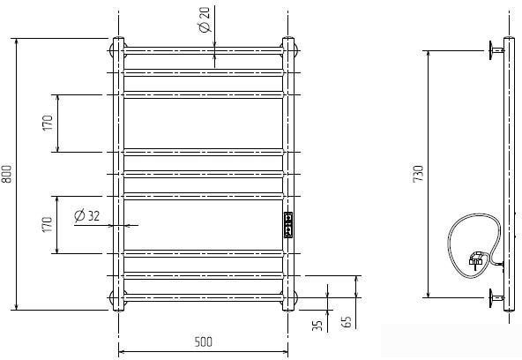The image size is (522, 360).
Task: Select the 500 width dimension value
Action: click(203, 341)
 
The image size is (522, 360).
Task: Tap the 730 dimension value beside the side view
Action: click(419, 174)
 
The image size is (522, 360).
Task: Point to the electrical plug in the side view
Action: click(476, 259)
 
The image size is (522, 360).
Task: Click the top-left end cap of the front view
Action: click(117, 45)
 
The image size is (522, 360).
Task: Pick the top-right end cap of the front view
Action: click(287, 45)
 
